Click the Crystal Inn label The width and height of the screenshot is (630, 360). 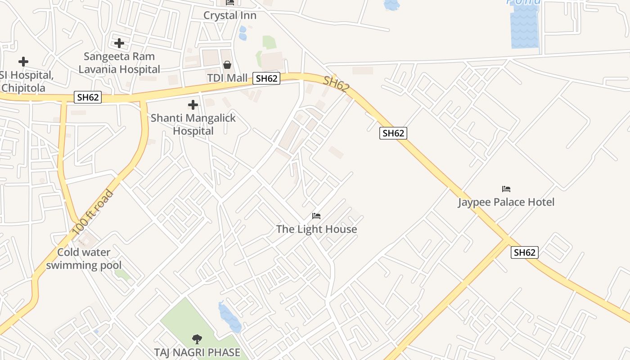(229, 15)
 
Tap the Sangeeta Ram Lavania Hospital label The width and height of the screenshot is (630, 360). (119, 63)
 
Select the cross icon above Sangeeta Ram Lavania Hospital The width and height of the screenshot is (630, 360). (119, 43)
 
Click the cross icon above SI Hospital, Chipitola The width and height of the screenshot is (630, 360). (23, 62)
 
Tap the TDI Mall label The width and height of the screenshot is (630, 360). (227, 78)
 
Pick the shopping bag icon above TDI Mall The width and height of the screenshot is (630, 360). (227, 65)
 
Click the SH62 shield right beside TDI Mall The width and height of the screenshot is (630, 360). (266, 78)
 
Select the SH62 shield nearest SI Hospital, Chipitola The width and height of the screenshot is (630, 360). (88, 97)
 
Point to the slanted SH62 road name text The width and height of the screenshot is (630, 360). (336, 84)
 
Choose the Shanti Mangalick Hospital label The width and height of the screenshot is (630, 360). (193, 125)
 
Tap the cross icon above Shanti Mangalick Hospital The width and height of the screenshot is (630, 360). (193, 105)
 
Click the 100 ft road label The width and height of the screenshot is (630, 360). (93, 213)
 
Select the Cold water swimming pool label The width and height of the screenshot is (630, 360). (84, 259)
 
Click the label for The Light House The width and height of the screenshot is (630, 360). (316, 229)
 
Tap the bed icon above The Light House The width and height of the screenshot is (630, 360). (316, 216)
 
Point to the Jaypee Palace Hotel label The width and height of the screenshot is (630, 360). (506, 202)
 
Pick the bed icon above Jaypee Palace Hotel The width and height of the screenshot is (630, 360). (506, 189)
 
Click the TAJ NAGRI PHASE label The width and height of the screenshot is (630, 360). (197, 352)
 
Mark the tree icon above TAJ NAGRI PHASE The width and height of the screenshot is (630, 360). (197, 339)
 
